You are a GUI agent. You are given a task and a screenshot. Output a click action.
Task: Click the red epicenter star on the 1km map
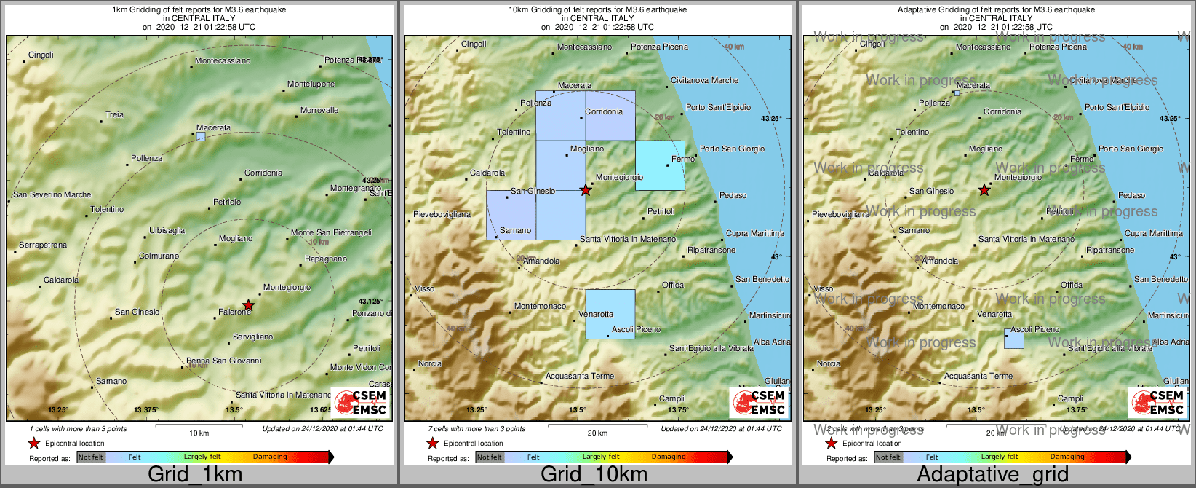click(248, 305)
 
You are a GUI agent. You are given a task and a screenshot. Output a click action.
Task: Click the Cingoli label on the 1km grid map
click(41, 55)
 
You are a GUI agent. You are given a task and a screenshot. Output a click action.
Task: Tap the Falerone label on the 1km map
click(234, 312)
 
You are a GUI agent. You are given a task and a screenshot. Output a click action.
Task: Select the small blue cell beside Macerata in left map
click(201, 136)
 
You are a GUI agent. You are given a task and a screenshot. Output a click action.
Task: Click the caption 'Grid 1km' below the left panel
click(195, 475)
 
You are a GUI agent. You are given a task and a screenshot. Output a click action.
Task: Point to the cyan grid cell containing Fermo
click(660, 166)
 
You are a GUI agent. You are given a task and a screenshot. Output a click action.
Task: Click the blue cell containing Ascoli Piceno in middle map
click(610, 315)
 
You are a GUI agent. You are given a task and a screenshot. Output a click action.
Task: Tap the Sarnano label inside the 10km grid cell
click(515, 231)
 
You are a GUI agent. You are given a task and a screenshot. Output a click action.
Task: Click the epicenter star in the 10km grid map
click(586, 190)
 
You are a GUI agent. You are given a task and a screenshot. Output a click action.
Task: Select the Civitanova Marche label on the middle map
click(704, 81)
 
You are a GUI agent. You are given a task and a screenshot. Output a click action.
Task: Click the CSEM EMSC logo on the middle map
click(760, 403)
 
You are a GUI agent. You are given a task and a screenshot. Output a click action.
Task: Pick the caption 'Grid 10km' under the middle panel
click(594, 475)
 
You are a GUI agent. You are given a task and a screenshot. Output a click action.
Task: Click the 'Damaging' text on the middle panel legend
click(668, 457)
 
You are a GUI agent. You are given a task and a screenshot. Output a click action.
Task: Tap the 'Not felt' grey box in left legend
click(91, 457)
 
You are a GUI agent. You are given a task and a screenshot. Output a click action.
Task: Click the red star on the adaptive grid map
click(984, 190)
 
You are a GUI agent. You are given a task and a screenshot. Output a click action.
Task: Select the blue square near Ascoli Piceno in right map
click(1014, 339)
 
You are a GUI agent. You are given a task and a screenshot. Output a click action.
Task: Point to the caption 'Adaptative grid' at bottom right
click(992, 475)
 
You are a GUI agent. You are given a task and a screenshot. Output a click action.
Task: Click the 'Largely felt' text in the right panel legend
click(999, 457)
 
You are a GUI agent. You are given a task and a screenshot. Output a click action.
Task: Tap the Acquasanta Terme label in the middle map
click(580, 377)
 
